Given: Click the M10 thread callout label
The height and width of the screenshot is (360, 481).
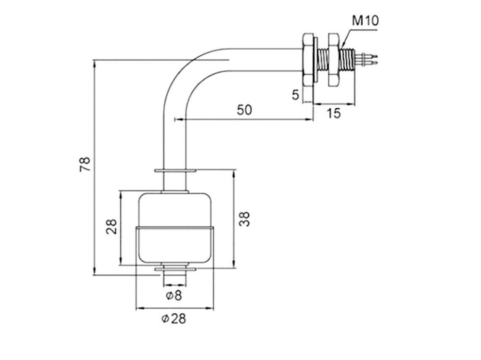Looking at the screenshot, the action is tap(365, 21).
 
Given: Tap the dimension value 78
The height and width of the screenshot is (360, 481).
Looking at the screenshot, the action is tap(85, 164).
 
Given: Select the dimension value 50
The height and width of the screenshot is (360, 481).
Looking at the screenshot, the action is tap(244, 109).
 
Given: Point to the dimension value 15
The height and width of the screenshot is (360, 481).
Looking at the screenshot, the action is tap(333, 113).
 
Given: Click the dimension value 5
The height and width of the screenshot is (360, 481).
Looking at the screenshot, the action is tap(295, 95).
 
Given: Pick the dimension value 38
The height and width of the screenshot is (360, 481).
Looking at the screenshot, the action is tap(244, 219).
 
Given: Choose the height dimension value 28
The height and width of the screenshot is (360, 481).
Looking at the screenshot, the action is tap(111, 227).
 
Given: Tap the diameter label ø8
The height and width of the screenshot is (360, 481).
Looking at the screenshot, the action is tap(174, 296).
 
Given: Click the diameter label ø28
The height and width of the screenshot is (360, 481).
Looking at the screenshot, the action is tap(174, 319).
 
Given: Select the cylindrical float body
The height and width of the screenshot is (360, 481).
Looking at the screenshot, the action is tap(175, 228).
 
